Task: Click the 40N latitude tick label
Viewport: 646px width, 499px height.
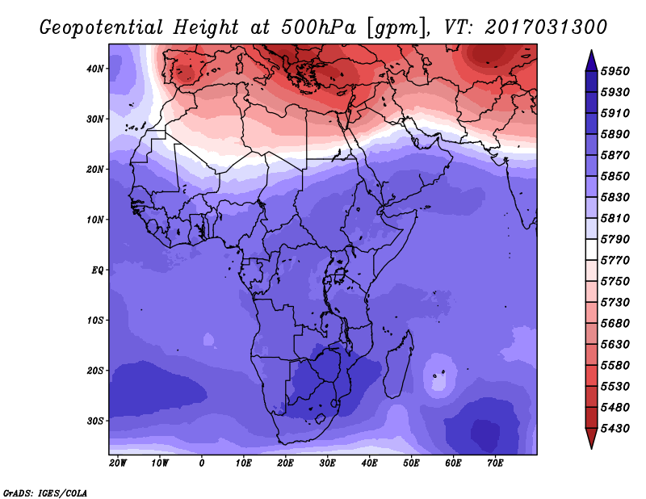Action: [94, 69]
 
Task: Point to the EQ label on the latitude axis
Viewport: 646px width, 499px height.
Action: [97, 270]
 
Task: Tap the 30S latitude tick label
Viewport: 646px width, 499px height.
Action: [94, 421]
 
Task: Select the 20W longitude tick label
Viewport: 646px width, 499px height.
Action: [118, 463]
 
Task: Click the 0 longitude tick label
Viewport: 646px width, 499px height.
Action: [201, 463]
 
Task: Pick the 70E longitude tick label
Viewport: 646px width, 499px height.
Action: [495, 463]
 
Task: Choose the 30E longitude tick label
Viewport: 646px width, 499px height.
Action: [327, 463]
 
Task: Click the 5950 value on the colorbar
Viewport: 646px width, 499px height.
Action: [615, 71]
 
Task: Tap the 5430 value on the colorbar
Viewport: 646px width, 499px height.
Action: [615, 429]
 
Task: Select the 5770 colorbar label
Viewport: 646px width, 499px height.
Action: [615, 261]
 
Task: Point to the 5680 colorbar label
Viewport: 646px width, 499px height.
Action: [615, 324]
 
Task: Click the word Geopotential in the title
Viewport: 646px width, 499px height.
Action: [102, 28]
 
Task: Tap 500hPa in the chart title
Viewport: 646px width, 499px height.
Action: [318, 27]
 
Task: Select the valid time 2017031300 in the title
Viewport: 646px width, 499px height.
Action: [546, 27]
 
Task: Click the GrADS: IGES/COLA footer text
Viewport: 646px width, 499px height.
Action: [45, 493]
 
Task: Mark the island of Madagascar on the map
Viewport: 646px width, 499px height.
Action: [399, 366]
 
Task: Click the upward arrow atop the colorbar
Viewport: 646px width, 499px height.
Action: [591, 61]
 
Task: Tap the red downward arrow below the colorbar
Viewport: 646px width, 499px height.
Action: [591, 438]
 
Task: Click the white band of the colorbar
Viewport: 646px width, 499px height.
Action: [591, 249]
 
